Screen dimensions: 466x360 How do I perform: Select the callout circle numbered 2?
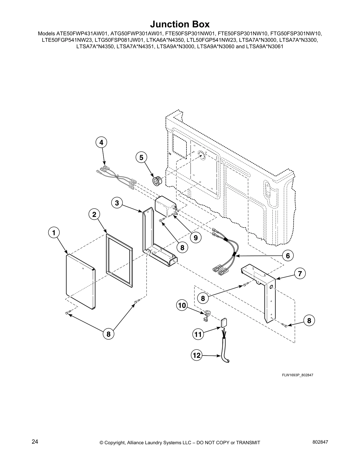(94, 214)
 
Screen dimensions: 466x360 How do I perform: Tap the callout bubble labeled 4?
(101, 143)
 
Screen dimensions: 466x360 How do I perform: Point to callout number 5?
(141, 158)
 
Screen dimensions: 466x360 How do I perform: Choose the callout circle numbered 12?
(196, 355)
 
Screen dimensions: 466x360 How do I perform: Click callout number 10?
(182, 305)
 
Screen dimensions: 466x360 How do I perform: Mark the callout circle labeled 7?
(300, 274)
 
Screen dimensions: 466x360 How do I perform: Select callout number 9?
(196, 237)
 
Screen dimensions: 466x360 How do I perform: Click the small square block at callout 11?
(224, 323)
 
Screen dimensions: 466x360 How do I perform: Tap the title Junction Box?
(180, 24)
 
